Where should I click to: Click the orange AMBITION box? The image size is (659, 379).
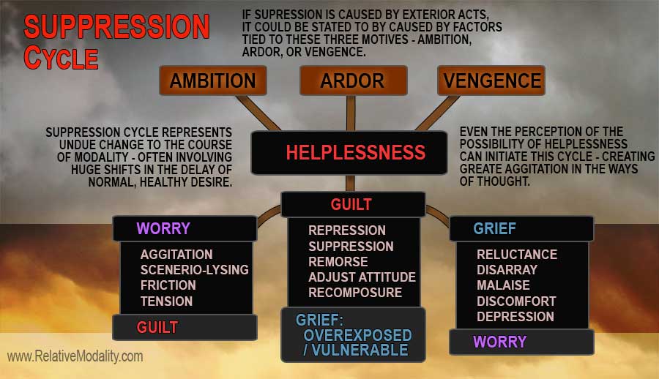[x=212, y=80]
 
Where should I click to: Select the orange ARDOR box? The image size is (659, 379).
[x=353, y=80]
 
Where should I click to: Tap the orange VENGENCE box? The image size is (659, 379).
[x=491, y=80]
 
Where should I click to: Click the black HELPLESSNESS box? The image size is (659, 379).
[x=349, y=152]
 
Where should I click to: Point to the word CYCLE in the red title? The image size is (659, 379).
[x=61, y=58]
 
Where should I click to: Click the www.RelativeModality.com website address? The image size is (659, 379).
[x=75, y=356]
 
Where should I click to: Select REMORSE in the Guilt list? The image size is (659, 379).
[x=338, y=262]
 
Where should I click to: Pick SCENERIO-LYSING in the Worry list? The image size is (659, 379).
[x=194, y=270]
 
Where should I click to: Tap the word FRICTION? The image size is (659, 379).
[x=168, y=285]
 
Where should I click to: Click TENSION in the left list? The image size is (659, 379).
[x=166, y=301]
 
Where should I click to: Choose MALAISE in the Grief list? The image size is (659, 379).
[x=503, y=285]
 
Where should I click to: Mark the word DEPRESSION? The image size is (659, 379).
[x=515, y=317]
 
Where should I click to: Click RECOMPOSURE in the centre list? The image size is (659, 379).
[x=354, y=293]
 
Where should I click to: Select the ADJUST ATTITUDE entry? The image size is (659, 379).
[x=362, y=277]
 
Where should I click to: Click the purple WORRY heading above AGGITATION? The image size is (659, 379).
[x=163, y=228]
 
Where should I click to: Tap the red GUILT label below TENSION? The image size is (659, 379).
[x=157, y=327]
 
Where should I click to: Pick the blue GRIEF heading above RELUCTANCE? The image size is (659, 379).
[x=495, y=228]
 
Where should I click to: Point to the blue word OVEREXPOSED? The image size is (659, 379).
[x=357, y=335]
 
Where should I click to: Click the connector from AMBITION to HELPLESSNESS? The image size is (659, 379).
[x=258, y=113]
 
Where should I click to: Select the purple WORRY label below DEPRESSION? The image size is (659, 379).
[x=499, y=342]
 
